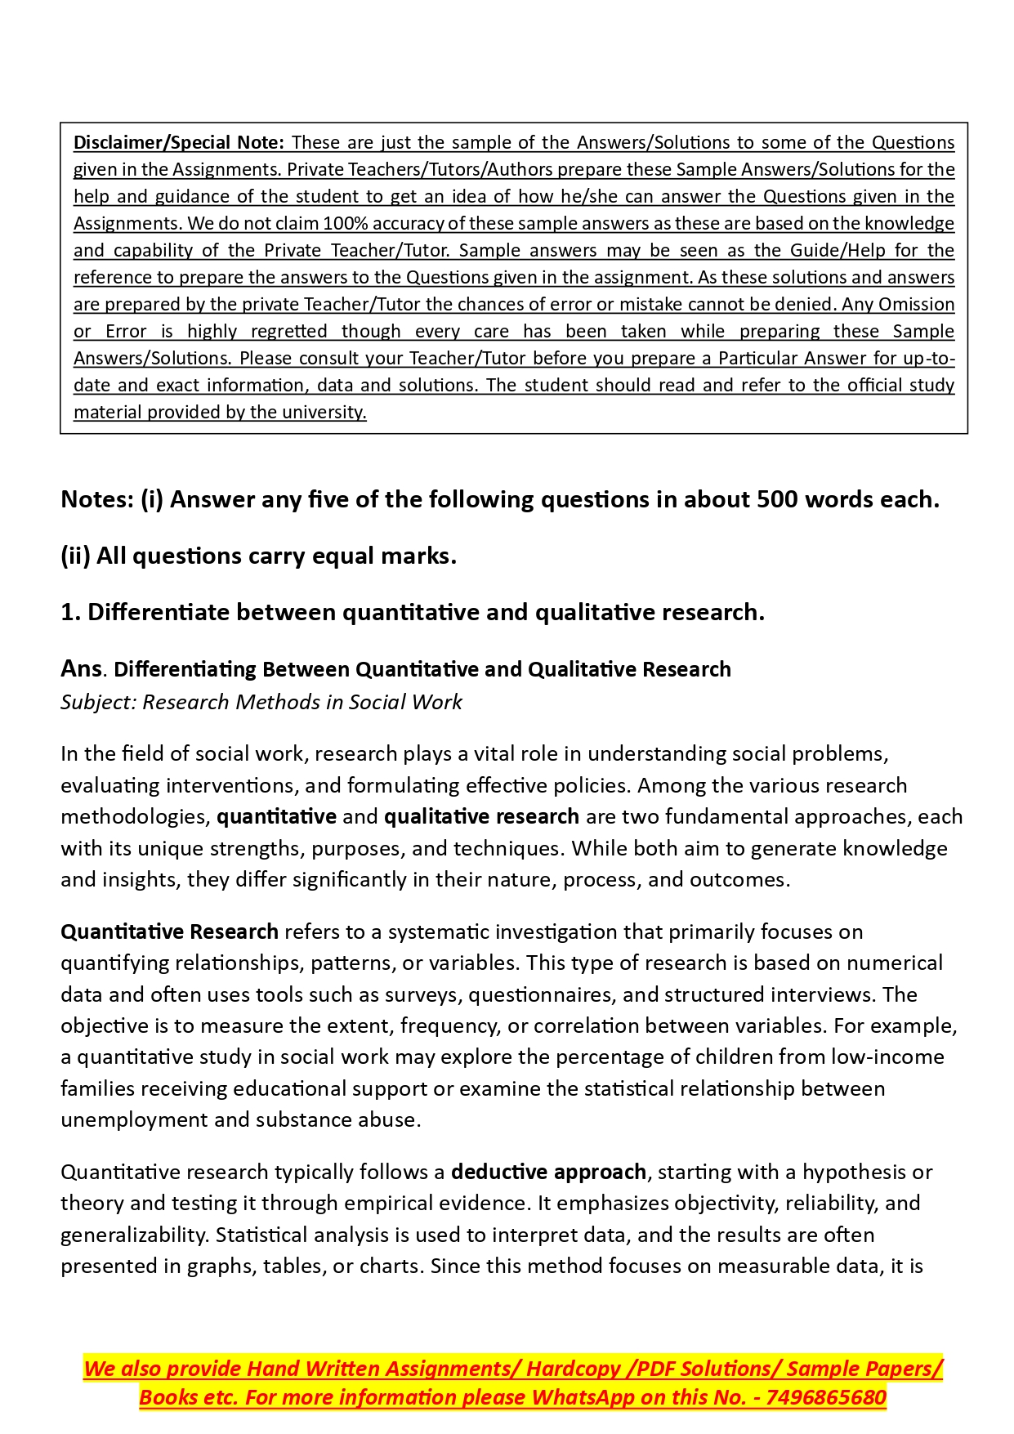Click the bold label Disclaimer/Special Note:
tap(179, 142)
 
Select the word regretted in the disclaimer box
tap(289, 331)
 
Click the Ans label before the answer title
tap(81, 668)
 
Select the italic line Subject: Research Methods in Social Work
tap(261, 702)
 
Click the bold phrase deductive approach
tap(548, 1172)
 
